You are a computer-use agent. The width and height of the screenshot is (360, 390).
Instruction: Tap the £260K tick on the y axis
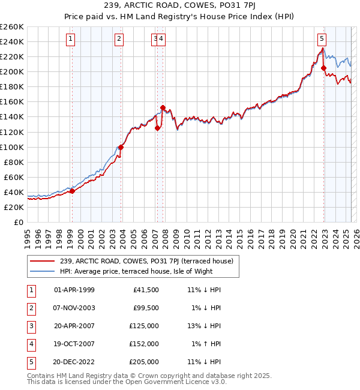tap(11, 27)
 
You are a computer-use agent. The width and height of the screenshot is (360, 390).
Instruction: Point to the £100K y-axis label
tap(11, 147)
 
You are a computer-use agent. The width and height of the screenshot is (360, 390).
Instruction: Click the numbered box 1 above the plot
tap(71, 40)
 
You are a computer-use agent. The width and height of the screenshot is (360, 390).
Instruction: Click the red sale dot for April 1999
tap(72, 191)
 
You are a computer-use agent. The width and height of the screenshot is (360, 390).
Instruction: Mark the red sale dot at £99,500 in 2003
tap(121, 147)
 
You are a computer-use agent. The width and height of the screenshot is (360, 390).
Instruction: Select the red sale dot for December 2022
tap(324, 68)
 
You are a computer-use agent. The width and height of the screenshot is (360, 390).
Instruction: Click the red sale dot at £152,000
tap(163, 107)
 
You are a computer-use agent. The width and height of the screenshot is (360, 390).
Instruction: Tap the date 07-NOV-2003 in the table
tap(74, 308)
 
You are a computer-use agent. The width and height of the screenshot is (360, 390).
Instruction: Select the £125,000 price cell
tap(144, 326)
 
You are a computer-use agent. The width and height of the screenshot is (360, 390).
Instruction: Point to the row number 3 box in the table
tap(31, 326)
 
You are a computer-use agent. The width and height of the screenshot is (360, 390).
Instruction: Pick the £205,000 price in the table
tap(144, 362)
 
